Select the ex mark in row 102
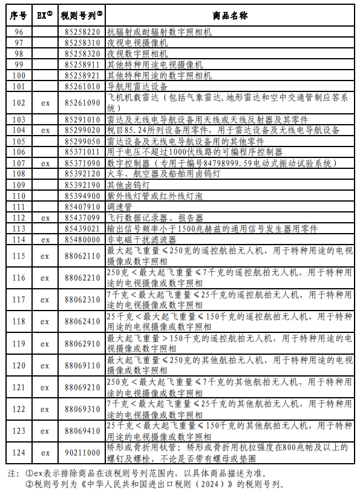[45, 103]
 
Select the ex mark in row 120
[45, 365]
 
